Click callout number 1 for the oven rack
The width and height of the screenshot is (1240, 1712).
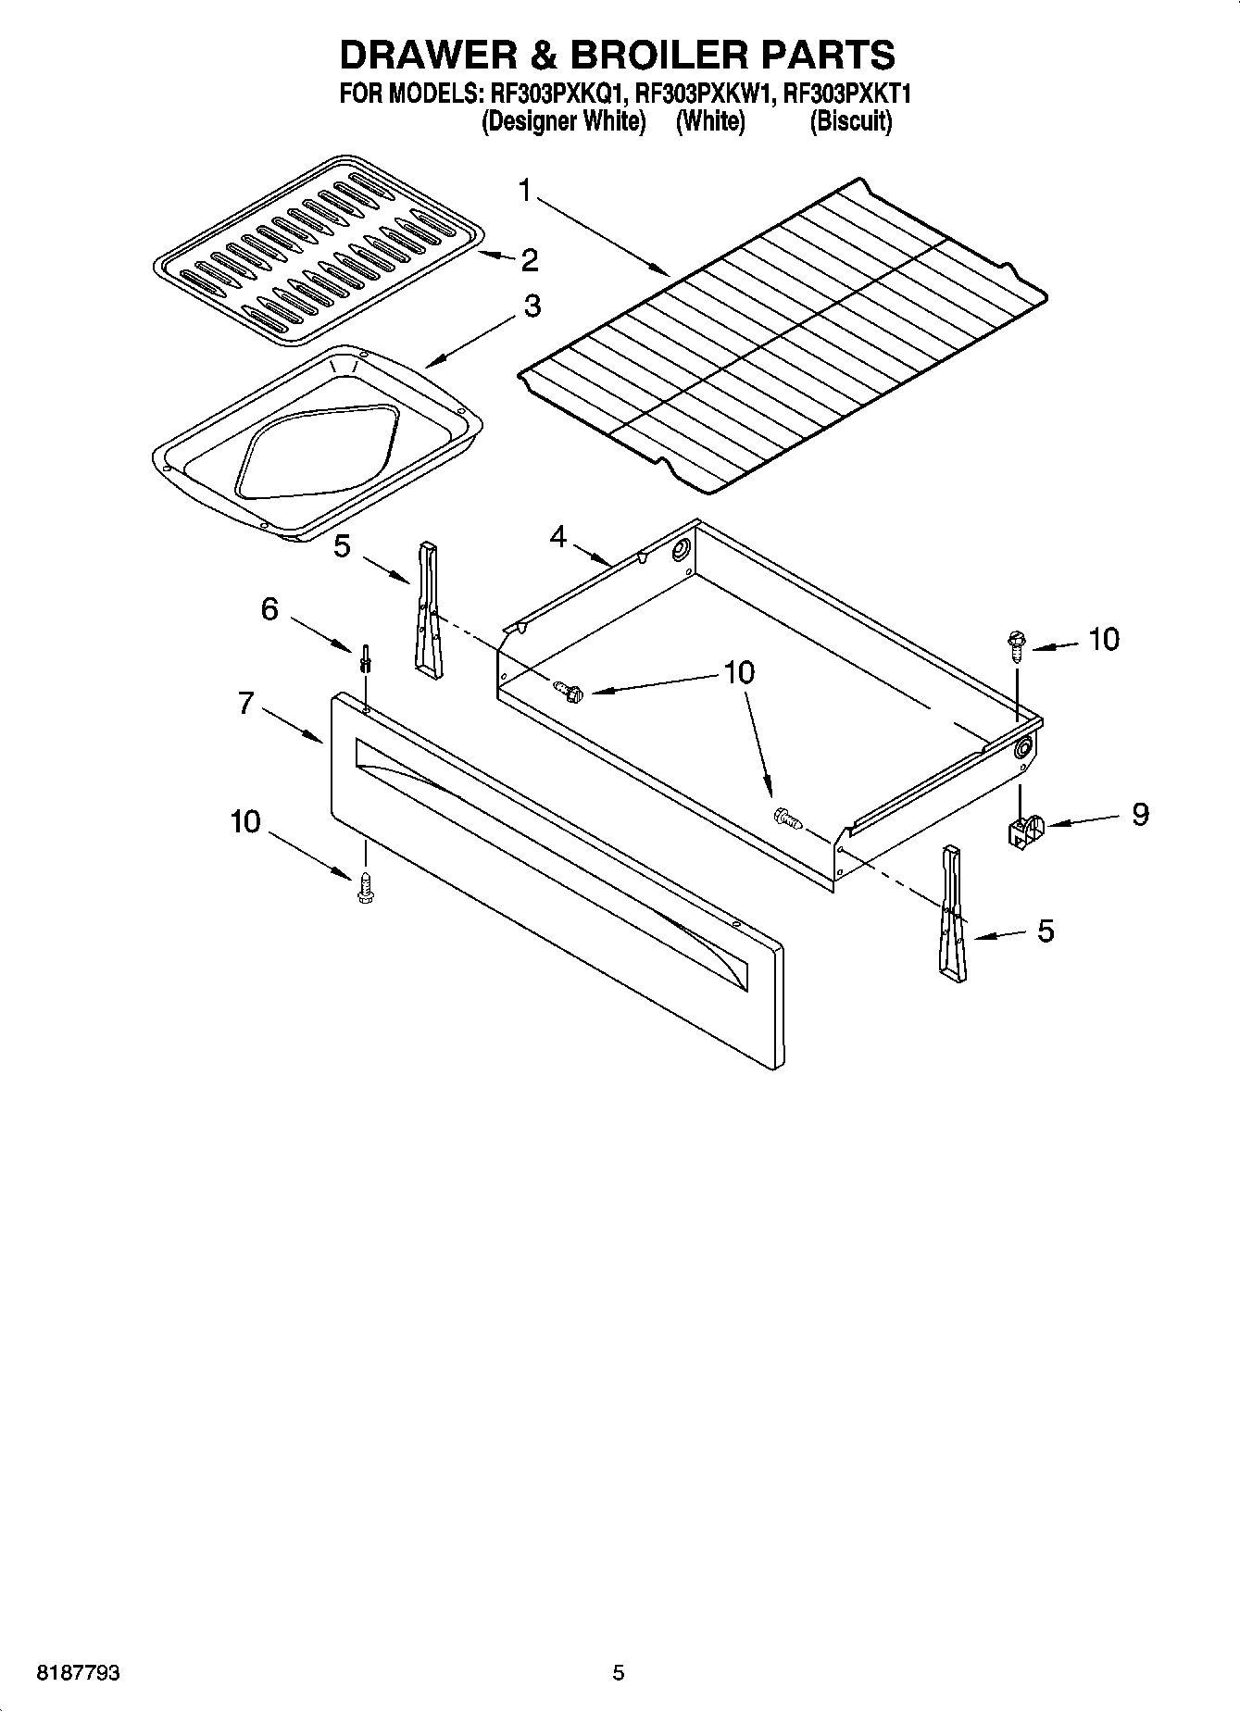(x=525, y=193)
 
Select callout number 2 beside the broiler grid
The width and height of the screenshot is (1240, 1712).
(x=529, y=260)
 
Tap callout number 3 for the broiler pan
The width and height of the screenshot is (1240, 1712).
(x=532, y=306)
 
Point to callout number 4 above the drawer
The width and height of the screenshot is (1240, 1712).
(x=557, y=536)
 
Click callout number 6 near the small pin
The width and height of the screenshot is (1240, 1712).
(x=269, y=609)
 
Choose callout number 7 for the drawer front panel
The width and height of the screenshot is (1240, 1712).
(x=245, y=704)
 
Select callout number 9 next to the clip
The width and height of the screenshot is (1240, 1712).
(x=1140, y=814)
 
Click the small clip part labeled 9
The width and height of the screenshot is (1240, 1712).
(x=1023, y=831)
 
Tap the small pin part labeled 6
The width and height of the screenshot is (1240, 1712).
(x=367, y=658)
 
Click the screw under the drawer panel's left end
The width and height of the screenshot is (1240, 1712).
(x=366, y=887)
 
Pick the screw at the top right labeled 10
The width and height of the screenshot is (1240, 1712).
(x=1016, y=643)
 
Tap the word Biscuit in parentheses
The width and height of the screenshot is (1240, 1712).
(x=850, y=121)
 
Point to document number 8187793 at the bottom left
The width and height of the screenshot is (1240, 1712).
(x=78, y=1673)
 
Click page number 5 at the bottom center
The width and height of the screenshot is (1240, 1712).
(x=619, y=1673)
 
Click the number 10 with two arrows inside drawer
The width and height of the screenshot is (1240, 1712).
(x=738, y=673)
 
